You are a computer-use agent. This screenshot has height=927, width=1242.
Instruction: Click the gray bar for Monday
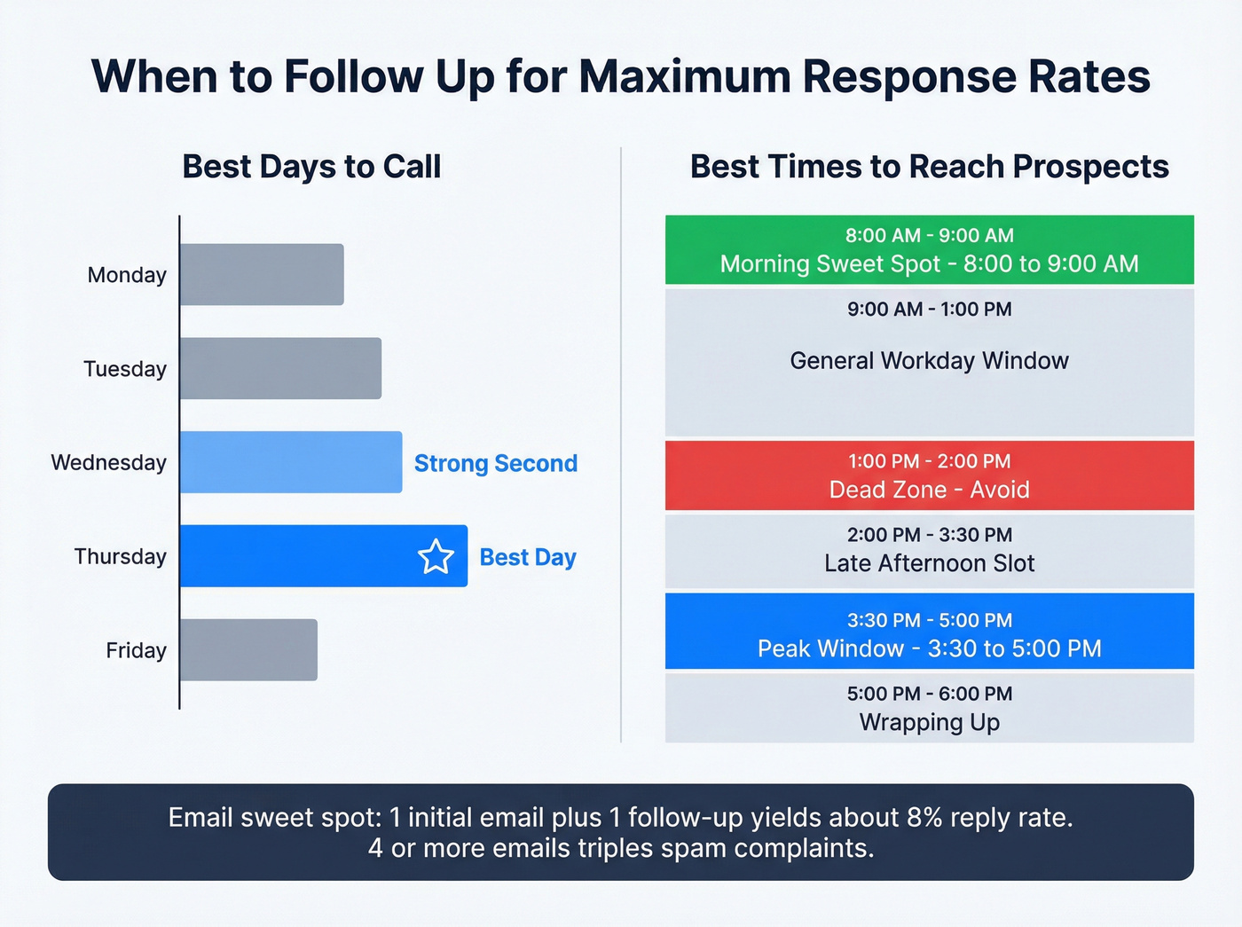click(x=262, y=275)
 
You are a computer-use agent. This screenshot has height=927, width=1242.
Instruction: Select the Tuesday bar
click(x=280, y=368)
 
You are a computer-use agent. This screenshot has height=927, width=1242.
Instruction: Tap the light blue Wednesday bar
click(x=291, y=462)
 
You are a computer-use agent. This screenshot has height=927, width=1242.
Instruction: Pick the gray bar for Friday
click(x=248, y=650)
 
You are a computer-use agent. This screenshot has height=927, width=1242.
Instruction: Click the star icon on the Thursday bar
click(x=436, y=557)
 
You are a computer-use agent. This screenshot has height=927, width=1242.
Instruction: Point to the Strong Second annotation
click(x=495, y=463)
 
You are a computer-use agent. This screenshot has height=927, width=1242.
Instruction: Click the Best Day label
click(x=528, y=557)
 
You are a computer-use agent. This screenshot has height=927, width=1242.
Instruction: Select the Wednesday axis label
click(x=108, y=462)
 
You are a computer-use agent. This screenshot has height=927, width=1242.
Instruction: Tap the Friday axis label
click(x=136, y=650)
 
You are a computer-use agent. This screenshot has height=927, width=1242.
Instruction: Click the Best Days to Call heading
click(x=311, y=167)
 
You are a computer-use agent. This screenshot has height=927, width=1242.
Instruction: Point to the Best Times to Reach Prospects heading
click(x=929, y=167)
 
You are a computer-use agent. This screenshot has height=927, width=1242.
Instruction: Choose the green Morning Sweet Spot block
click(x=929, y=250)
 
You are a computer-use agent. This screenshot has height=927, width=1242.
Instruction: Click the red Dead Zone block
click(x=929, y=475)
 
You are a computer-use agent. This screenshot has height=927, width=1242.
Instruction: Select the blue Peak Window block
click(x=929, y=631)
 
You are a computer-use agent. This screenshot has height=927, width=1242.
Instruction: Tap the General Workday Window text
click(x=929, y=361)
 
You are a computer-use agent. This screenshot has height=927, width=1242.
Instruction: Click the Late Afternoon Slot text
click(x=929, y=563)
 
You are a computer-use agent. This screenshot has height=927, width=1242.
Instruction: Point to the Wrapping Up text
click(x=929, y=722)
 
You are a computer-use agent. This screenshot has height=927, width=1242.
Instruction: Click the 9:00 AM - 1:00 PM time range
click(x=929, y=310)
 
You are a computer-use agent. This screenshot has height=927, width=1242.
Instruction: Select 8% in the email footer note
click(x=924, y=817)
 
